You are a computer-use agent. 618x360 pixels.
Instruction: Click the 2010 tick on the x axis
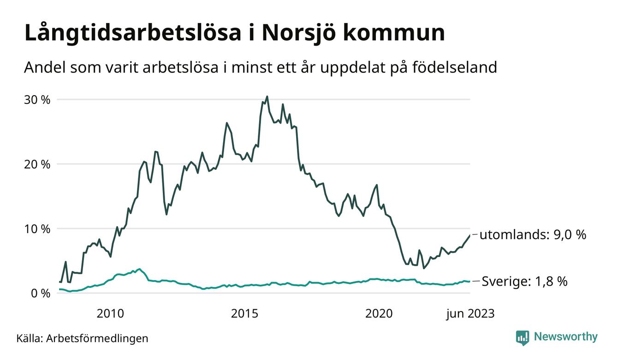110,314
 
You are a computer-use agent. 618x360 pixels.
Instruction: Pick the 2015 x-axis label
244,314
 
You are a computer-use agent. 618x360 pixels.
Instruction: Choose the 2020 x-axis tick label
379,314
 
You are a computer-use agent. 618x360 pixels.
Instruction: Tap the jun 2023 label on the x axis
470,314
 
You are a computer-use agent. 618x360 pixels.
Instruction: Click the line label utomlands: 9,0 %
533,235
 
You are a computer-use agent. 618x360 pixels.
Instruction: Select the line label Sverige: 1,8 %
524,281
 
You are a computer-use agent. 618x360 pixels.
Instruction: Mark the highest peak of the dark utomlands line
267,96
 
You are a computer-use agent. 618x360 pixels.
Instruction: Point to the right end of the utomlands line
470,235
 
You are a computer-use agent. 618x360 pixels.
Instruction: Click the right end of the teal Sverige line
470,282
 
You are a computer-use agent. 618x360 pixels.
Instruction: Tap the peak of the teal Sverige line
140,269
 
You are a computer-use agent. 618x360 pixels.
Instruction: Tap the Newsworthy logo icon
522,337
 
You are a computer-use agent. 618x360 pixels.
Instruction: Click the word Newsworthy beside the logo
565,337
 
